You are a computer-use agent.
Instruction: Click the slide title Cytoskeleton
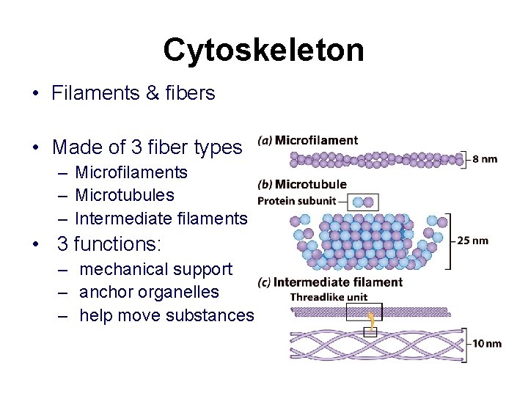tap(263, 50)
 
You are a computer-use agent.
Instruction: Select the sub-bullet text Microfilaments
tap(131, 172)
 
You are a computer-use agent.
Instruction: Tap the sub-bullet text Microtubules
tap(125, 195)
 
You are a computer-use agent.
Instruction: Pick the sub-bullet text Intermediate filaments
tap(161, 218)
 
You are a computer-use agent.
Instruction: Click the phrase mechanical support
tap(155, 269)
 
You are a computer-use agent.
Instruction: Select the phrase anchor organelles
tap(149, 292)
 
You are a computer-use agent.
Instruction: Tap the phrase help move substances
tap(166, 315)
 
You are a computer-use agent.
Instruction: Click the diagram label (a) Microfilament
tap(307, 141)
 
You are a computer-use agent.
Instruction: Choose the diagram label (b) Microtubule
tap(302, 184)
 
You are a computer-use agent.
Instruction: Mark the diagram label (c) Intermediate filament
tap(330, 282)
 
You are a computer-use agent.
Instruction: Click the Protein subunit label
tap(296, 201)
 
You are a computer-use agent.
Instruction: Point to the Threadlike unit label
tap(326, 297)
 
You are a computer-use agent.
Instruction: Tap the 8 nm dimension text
tap(485, 158)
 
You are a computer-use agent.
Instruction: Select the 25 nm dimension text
tap(472, 241)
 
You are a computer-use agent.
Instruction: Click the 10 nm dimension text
tap(487, 343)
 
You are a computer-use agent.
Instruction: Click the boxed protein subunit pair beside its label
tap(362, 202)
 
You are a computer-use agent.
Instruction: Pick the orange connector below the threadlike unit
tap(372, 320)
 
